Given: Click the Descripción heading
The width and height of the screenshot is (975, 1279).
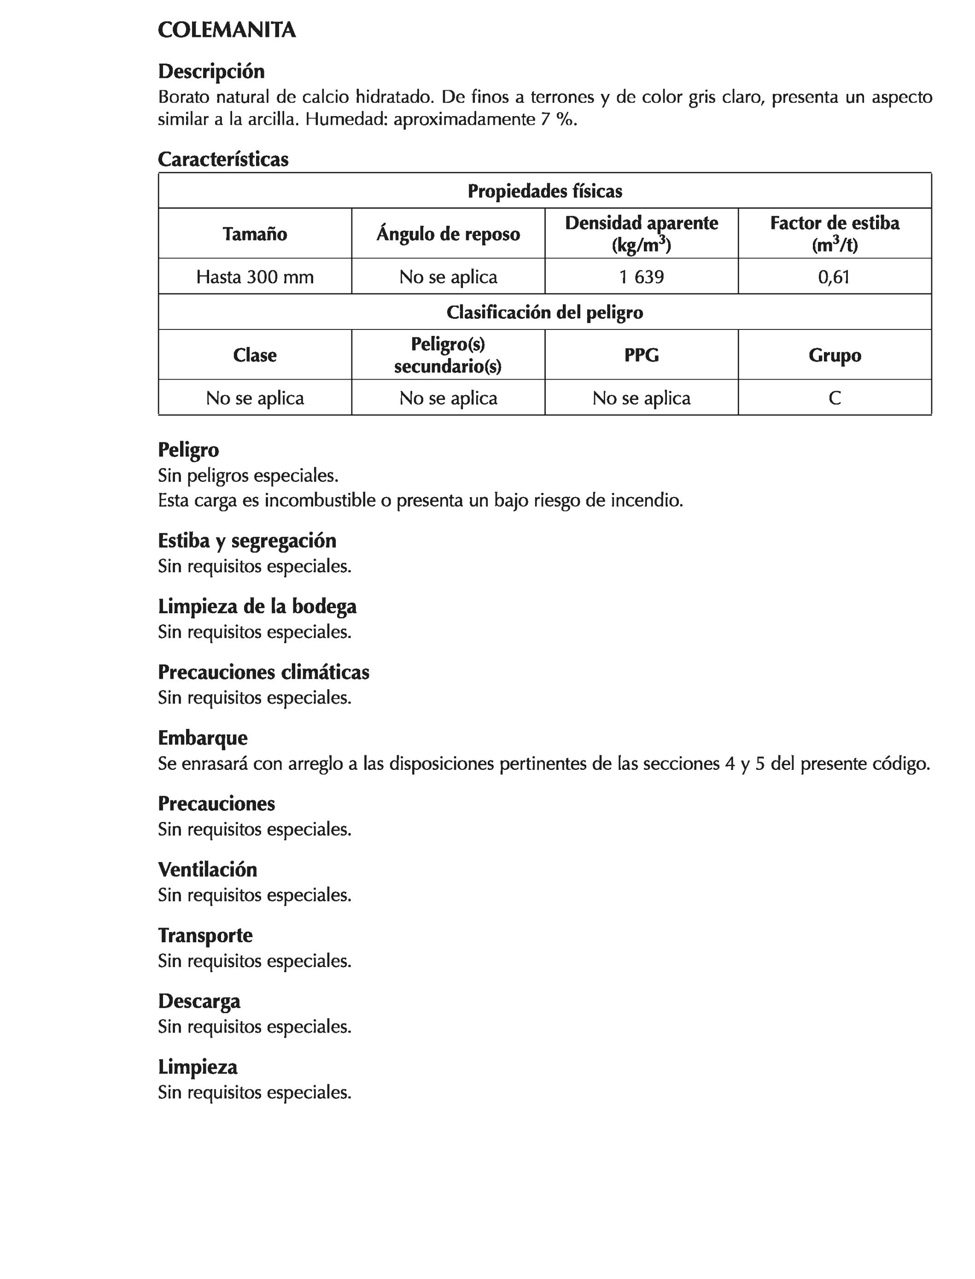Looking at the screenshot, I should (x=211, y=71).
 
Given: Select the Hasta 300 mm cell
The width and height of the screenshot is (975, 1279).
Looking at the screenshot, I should (x=255, y=277).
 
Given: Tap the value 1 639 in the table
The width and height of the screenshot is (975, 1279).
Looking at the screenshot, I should (x=641, y=277).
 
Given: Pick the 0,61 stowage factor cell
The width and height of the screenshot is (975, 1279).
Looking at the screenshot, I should (x=834, y=277).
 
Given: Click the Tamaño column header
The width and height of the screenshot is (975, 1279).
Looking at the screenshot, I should (x=255, y=234).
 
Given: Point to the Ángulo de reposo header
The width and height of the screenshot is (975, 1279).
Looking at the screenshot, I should (x=448, y=234).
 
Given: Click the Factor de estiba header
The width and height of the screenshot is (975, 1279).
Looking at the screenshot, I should (x=835, y=234).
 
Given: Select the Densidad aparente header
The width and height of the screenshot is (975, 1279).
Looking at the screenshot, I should (x=641, y=234).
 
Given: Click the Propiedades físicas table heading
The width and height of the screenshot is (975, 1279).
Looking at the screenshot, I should (x=544, y=191).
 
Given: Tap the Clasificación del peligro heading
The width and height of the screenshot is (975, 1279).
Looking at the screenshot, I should (x=544, y=312).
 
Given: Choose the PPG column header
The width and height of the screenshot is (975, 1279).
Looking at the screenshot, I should (x=641, y=355).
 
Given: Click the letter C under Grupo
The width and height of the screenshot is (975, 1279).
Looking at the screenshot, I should (x=835, y=398).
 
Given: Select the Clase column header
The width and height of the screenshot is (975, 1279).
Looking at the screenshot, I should (x=255, y=355).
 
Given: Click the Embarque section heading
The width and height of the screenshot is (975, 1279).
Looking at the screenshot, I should (x=203, y=738).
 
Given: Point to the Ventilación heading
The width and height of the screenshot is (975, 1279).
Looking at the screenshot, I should (x=207, y=869).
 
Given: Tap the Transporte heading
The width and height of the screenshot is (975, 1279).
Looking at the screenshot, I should (x=205, y=935).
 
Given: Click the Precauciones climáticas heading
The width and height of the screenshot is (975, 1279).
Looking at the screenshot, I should (x=263, y=672).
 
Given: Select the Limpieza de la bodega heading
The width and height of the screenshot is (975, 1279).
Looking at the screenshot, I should (x=257, y=606).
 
